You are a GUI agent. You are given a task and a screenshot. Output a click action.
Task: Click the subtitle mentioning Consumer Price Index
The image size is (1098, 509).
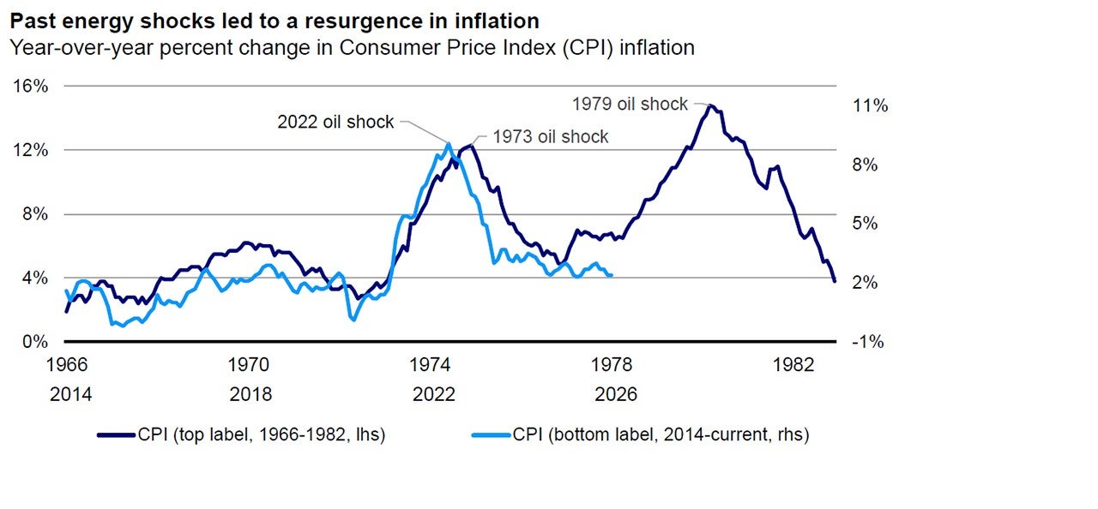[351, 48]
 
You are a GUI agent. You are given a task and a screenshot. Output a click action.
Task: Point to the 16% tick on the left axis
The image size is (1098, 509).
[29, 86]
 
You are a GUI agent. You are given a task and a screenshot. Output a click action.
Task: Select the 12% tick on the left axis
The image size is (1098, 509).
[29, 150]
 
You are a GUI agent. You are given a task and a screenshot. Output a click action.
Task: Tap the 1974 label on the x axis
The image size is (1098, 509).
[434, 364]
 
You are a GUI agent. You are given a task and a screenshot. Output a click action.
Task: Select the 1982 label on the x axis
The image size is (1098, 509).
[793, 364]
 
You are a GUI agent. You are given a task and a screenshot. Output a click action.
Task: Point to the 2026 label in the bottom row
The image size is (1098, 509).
[616, 394]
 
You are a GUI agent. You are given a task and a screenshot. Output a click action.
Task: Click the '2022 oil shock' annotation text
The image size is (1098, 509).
[335, 122]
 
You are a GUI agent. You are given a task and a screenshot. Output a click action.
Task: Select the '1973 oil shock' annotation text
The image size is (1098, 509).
[550, 136]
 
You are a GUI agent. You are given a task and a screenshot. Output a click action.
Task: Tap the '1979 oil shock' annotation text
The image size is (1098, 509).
[630, 104]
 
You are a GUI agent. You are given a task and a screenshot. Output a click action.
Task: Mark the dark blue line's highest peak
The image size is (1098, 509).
[710, 105]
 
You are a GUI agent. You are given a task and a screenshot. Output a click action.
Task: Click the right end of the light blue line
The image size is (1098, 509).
[611, 275]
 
